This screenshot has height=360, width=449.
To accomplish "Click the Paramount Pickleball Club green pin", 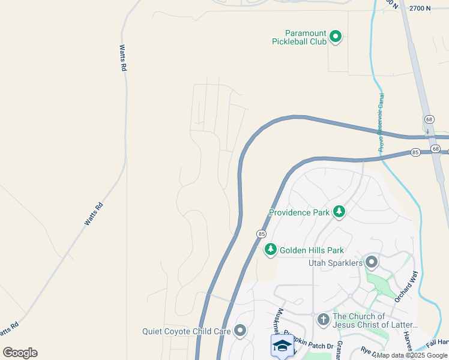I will (336, 37).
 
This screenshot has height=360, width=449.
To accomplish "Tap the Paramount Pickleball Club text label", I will (298, 37).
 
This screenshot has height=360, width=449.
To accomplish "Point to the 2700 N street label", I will (420, 8).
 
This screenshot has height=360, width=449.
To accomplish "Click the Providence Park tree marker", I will (340, 211).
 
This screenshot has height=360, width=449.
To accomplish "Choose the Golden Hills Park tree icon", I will (271, 249).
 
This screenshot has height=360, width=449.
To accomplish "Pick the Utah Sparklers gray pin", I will (372, 262).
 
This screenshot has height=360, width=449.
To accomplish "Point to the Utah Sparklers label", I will (336, 263).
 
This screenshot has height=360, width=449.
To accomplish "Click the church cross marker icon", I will (323, 319).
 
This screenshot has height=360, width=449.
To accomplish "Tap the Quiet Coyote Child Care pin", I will (240, 330).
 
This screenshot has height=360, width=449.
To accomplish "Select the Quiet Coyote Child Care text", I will (186, 331).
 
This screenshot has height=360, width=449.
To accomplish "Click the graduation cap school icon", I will (282, 345).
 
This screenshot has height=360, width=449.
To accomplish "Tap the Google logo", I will (20, 353).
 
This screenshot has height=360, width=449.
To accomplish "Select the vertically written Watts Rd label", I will (123, 58).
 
